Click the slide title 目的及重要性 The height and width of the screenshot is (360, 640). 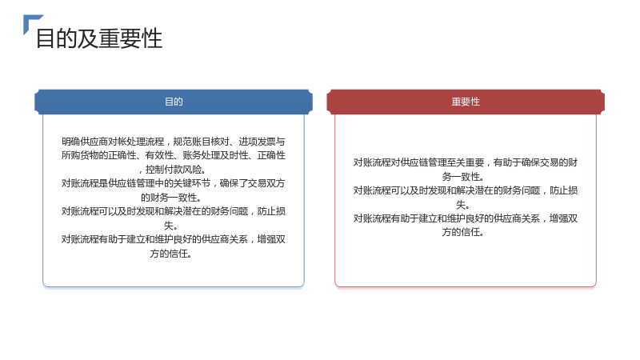point(99,38)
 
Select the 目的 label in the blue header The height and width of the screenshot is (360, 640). point(174,102)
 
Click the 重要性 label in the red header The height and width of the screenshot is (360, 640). point(466,102)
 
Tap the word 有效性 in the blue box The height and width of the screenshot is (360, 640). point(159,155)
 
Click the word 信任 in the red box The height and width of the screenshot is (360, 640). point(470,232)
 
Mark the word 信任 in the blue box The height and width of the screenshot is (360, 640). point(178,254)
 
